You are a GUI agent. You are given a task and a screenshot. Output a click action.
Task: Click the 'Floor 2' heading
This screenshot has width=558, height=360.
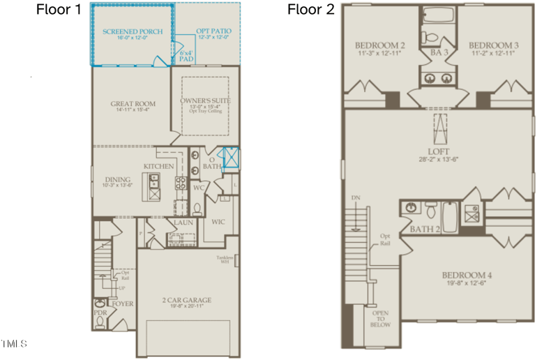tap(311, 10)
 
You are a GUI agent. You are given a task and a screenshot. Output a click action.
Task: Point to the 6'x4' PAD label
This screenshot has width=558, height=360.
tap(186, 57)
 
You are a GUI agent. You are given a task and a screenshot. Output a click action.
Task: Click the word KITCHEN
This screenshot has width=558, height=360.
tap(158, 167)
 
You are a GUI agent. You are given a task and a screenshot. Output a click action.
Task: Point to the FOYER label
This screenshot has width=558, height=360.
tap(123, 303)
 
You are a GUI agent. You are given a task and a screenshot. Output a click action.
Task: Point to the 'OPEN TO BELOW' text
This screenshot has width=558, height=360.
tap(381, 319)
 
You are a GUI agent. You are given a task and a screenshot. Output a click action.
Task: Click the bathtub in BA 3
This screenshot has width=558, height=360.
tap(438, 15)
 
